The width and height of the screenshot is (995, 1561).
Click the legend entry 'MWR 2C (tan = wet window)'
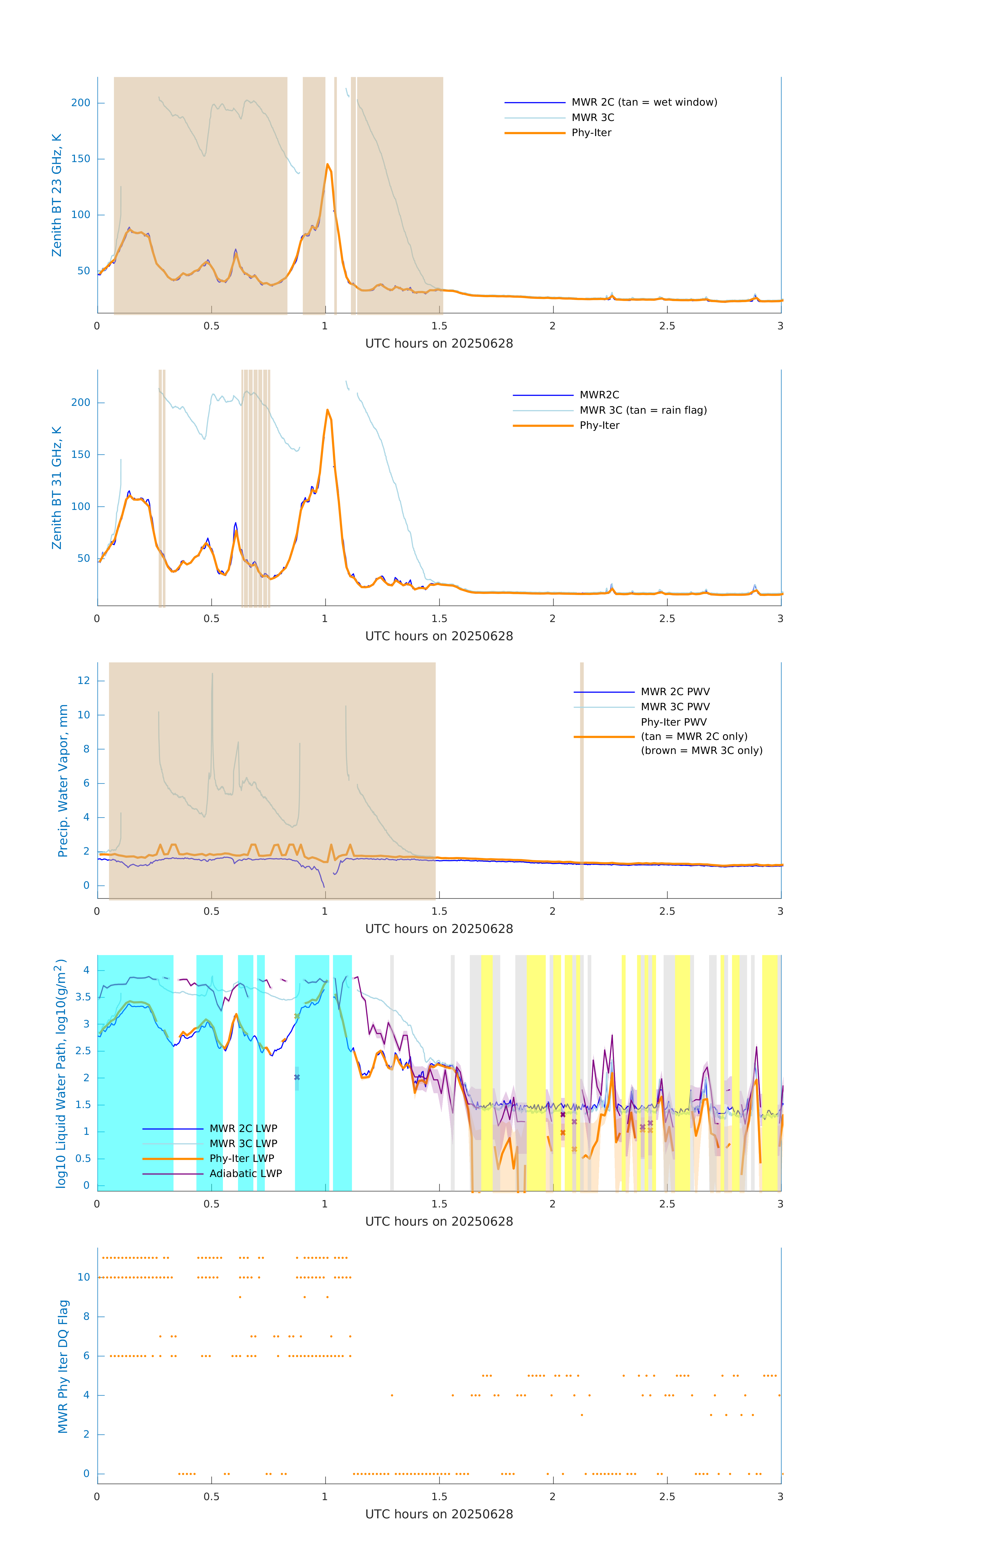click(x=644, y=103)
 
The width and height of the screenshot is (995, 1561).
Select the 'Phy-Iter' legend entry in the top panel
click(x=591, y=133)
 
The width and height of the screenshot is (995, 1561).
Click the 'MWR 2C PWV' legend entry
click(x=675, y=692)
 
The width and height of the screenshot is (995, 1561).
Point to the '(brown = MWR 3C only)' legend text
click(x=701, y=751)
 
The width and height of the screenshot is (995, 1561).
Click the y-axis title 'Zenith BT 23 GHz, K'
click(x=57, y=195)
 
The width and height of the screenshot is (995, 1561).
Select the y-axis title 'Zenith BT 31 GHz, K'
click(x=57, y=488)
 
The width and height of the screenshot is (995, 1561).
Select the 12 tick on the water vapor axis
click(x=84, y=681)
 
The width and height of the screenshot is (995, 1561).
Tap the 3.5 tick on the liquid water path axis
click(x=83, y=997)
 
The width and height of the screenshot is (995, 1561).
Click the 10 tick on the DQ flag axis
click(x=84, y=1277)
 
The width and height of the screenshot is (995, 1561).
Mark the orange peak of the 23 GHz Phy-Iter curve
click(x=327, y=165)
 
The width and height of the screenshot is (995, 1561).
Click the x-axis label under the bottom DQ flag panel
click(x=439, y=1514)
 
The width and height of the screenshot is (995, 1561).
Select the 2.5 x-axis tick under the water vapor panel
click(x=667, y=911)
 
